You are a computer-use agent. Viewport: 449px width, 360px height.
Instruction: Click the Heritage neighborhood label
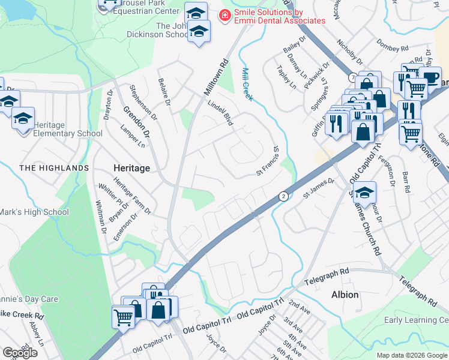[x=131, y=169]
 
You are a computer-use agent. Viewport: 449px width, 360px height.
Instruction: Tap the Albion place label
[x=345, y=295]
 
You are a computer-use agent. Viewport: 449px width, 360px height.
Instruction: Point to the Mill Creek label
[x=250, y=84]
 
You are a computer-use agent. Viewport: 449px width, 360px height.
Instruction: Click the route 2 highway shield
[x=282, y=196]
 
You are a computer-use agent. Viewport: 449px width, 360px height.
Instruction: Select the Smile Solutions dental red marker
[x=224, y=16]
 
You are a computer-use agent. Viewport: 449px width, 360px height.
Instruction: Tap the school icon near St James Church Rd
[x=364, y=193]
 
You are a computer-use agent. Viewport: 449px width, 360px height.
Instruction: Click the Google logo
[x=20, y=353]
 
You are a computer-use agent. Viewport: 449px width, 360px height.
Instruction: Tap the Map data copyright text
[x=411, y=355]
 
